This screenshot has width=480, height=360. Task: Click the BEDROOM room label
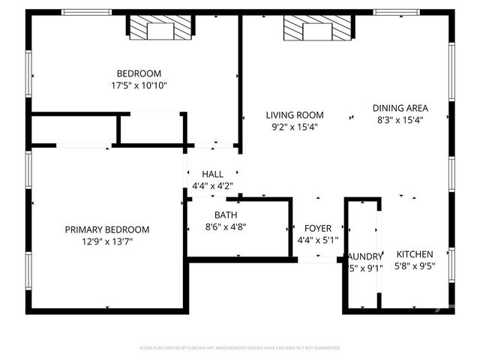tap(139, 73)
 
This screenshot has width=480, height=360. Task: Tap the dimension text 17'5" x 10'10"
tap(139, 85)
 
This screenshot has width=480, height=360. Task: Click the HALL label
tap(212, 174)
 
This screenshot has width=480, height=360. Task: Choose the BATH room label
tap(226, 214)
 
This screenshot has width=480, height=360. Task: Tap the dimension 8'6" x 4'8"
tap(226, 226)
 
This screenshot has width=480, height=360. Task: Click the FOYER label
tap(317, 228)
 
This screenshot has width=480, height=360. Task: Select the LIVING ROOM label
tap(295, 115)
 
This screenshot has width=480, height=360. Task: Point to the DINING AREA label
tap(400, 108)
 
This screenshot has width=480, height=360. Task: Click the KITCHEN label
tap(415, 254)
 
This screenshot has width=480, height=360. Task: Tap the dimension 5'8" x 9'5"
tap(415, 266)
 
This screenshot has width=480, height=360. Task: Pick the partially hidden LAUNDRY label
tap(365, 256)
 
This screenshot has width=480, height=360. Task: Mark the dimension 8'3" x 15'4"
tap(400, 120)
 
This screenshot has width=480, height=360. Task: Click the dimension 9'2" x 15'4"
tap(295, 127)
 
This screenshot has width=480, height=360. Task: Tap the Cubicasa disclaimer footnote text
tap(239, 348)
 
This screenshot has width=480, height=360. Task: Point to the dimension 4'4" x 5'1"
tap(317, 240)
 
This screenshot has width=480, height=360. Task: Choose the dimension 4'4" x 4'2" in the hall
tap(212, 186)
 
